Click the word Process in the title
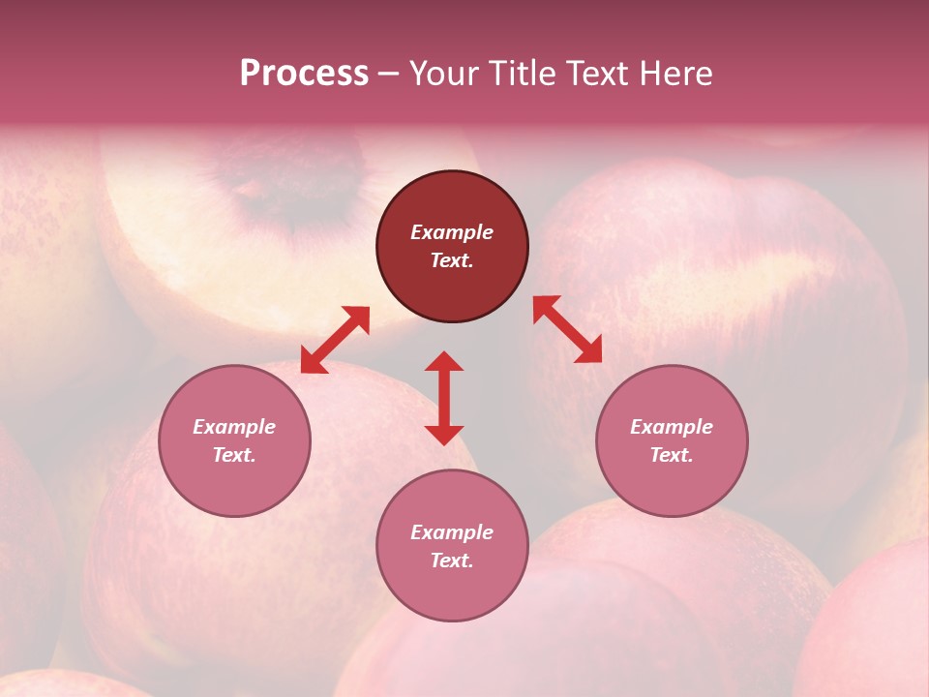coord(304,74)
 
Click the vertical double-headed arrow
coord(444,398)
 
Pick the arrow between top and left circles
coord(335,339)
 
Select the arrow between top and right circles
coord(567,329)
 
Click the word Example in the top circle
coord(452,232)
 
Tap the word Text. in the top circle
coord(452,260)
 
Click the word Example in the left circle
coord(234,427)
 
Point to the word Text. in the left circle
coord(234,455)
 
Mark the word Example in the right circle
coord(672,427)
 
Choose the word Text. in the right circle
coord(672,455)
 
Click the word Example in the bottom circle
coord(452,532)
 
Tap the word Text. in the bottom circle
coord(452,561)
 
